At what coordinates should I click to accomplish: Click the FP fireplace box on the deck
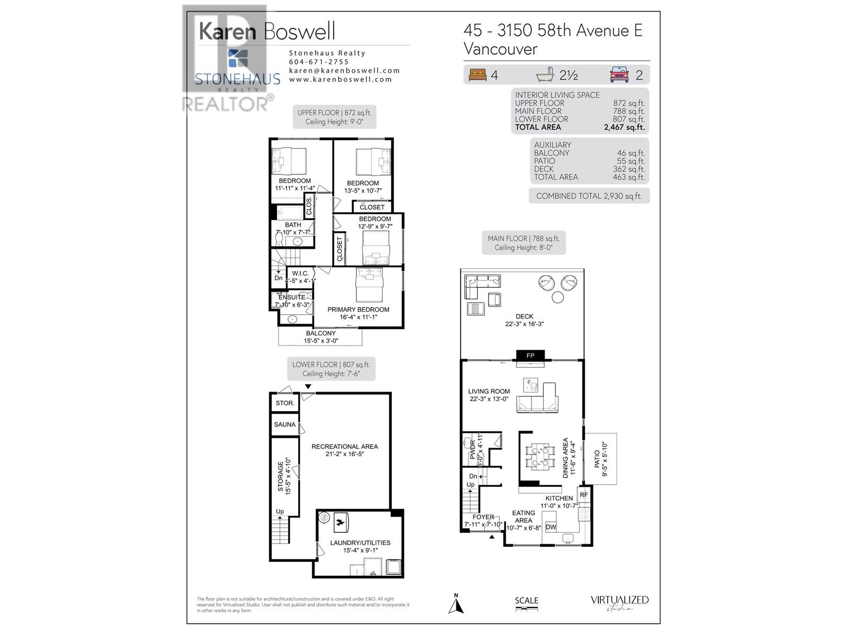click(x=530, y=356)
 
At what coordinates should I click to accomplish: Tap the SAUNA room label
click(x=285, y=424)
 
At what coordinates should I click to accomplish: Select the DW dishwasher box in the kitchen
click(x=551, y=527)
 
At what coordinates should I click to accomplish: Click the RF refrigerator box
click(x=583, y=495)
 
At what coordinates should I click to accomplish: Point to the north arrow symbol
click(x=456, y=604)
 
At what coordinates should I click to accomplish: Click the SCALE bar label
click(x=526, y=601)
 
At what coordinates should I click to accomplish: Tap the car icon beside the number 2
click(x=619, y=75)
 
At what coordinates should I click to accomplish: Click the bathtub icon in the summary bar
click(x=545, y=75)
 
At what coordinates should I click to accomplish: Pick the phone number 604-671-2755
click(x=319, y=62)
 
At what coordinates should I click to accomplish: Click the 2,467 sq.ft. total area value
click(x=624, y=127)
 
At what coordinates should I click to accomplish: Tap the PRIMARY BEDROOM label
click(x=358, y=310)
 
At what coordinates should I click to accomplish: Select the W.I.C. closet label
click(x=300, y=274)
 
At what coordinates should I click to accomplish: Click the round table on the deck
click(x=557, y=297)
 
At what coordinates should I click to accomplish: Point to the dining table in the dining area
click(x=540, y=457)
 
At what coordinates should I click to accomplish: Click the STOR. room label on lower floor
click(x=285, y=403)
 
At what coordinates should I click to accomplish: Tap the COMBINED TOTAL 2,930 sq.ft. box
click(x=589, y=196)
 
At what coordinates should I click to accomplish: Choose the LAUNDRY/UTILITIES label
click(x=360, y=543)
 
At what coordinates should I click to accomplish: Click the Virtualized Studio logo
click(x=619, y=603)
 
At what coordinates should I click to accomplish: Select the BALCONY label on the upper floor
click(x=320, y=333)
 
